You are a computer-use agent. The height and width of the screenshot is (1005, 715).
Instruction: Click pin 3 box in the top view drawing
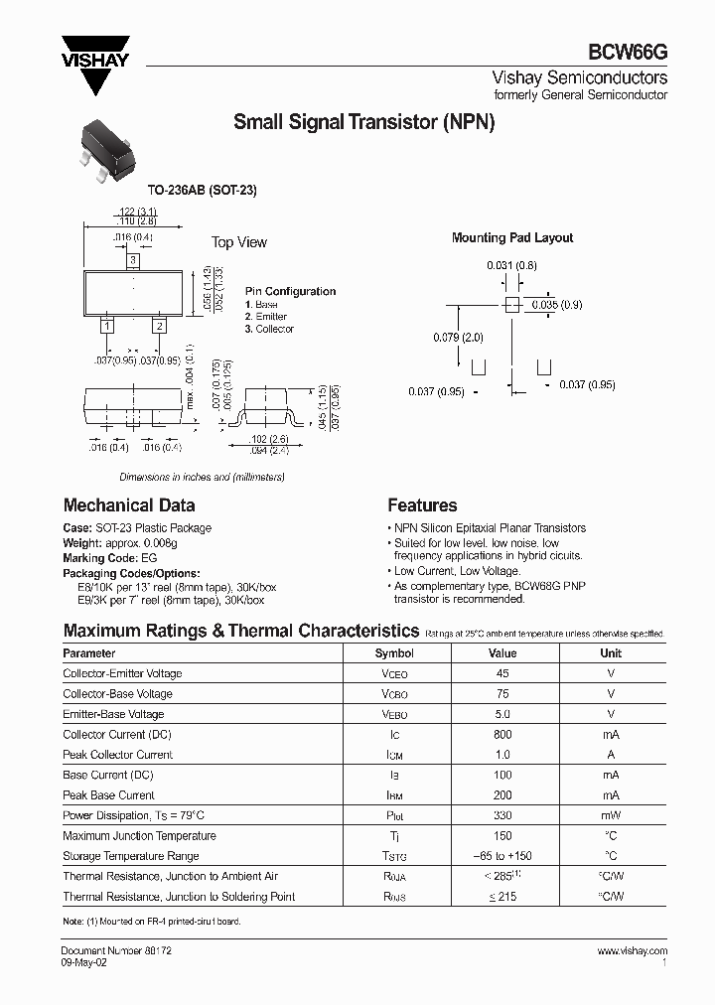click(132, 260)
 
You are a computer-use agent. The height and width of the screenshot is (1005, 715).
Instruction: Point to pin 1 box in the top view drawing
click(107, 325)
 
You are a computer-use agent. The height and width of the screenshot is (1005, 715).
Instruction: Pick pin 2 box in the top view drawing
click(158, 325)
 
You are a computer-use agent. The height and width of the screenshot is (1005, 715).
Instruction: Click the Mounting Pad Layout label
click(512, 238)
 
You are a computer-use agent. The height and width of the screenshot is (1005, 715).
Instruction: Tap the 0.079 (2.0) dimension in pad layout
click(458, 338)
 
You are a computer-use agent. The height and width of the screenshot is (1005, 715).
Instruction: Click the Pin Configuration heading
click(290, 291)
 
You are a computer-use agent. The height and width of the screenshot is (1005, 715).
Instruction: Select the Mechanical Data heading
click(129, 505)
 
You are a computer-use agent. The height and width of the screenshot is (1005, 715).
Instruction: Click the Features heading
click(422, 505)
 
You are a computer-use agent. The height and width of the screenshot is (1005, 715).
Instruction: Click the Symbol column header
click(394, 653)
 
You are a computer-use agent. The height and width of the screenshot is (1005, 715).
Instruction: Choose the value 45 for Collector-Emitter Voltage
click(502, 673)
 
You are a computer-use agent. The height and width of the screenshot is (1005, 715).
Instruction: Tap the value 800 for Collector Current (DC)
click(502, 735)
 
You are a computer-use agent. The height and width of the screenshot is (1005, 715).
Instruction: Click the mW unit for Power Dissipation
click(611, 816)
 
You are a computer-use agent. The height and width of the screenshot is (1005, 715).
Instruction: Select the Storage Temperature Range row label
click(131, 856)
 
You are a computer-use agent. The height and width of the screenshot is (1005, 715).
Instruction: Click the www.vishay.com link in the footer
click(632, 951)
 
